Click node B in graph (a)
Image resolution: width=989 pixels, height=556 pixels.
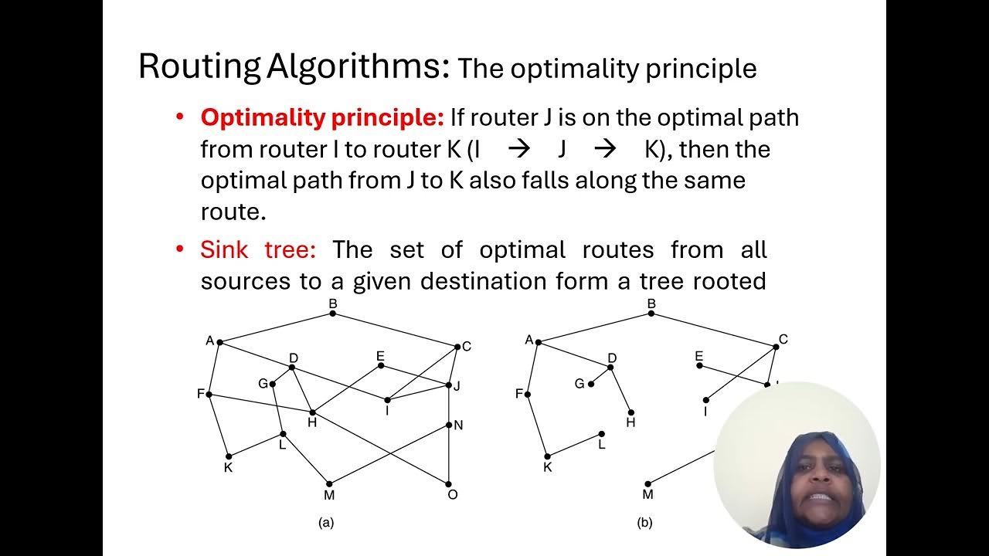(x=333, y=313)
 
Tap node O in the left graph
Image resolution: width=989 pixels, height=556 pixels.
(x=449, y=483)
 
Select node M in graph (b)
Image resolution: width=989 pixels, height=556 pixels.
(x=647, y=484)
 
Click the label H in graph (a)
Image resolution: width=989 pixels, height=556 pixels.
(x=312, y=422)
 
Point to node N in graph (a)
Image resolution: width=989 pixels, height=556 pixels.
(x=449, y=424)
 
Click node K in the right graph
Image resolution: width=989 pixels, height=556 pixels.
(x=547, y=456)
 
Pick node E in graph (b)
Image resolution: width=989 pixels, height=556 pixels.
(x=699, y=365)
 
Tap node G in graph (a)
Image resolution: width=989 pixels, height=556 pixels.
(x=272, y=384)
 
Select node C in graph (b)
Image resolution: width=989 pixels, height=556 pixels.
(x=776, y=347)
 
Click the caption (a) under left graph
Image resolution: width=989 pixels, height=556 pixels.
(x=326, y=523)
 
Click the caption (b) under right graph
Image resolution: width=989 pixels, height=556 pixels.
(x=644, y=523)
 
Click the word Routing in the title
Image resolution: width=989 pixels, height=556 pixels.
(x=199, y=67)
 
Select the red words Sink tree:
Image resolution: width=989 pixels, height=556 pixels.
(x=258, y=250)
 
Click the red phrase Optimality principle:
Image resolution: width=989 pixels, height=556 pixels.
(x=322, y=118)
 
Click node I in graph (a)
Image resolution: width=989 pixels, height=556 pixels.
(x=387, y=399)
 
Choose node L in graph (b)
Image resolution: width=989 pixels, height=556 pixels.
(x=601, y=433)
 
